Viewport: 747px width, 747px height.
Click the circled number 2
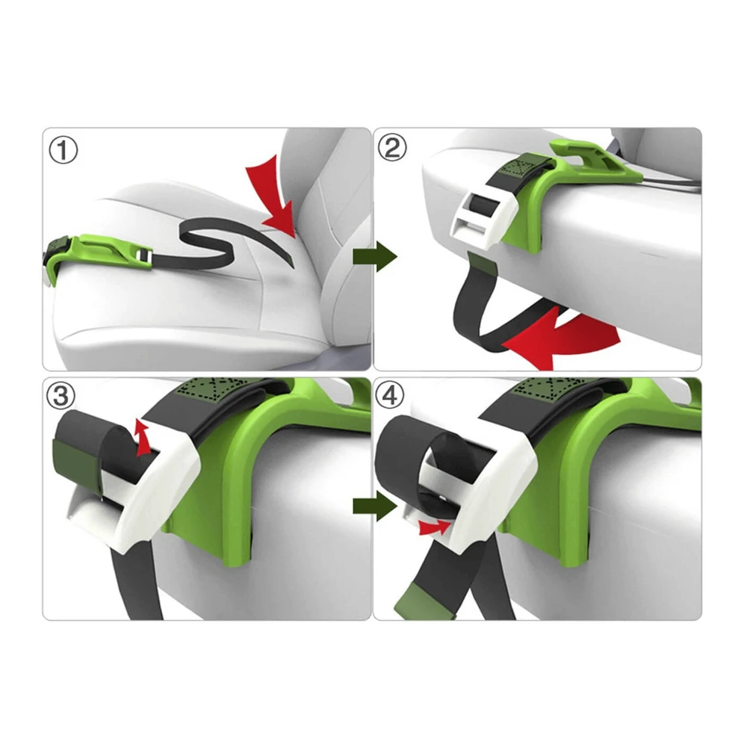click(392, 147)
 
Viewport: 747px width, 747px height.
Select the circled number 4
click(390, 395)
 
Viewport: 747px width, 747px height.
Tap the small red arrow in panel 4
click(434, 527)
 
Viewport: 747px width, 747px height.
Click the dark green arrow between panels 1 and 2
click(374, 256)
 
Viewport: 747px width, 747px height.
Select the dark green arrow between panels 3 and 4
click(374, 506)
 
